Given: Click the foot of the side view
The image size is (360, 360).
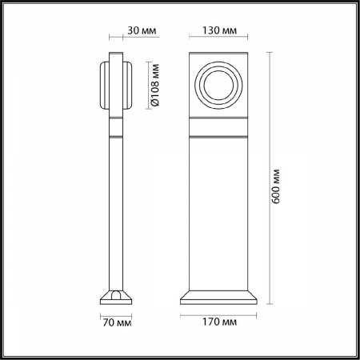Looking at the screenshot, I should pos(116,297).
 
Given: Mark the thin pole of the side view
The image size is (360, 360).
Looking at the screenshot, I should pos(116,208).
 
